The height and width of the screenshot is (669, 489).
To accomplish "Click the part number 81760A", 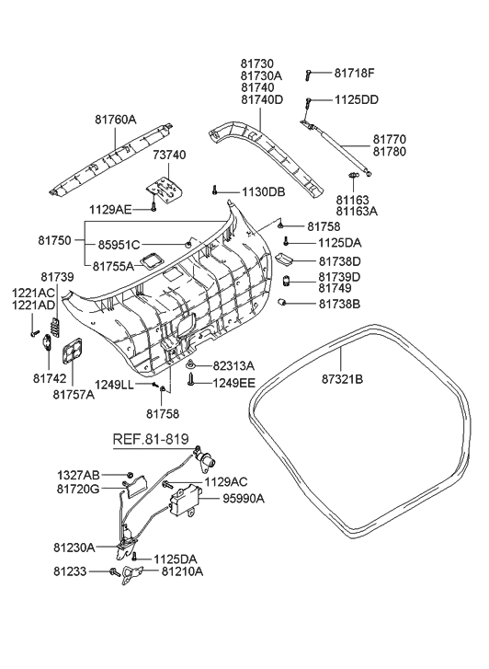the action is coord(116,120).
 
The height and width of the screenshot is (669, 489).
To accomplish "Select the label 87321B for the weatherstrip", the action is coord(342,379).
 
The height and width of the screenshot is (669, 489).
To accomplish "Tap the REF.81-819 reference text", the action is coord(151,439).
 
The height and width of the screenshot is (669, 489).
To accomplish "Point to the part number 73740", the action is coord(169,155).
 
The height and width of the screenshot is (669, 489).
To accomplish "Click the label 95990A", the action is coord(244,498).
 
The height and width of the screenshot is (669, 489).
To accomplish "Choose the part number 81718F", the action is coord(354,73).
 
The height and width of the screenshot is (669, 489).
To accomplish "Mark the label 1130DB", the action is coord(264,192).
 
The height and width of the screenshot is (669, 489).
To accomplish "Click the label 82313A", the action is coord(233,365).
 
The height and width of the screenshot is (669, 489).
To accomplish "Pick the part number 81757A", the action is coord(74,395).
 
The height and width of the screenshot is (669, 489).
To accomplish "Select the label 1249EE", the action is coord(234,383).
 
